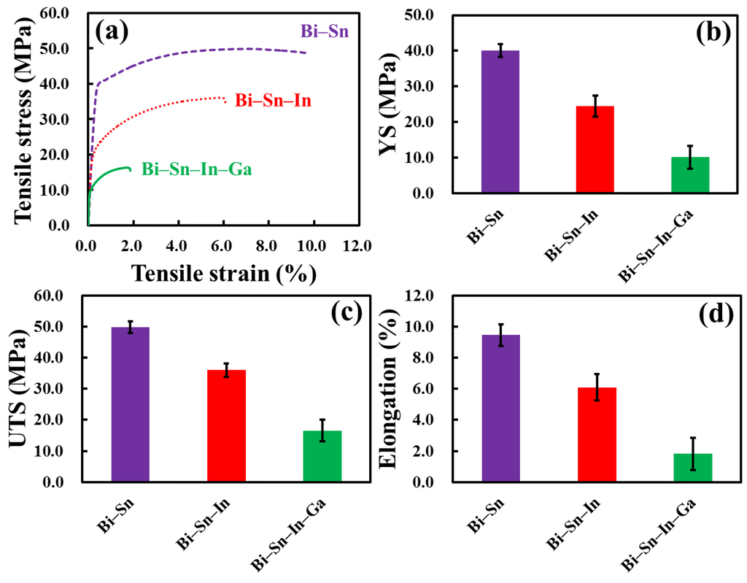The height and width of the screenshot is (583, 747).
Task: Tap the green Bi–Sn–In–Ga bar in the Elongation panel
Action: (692, 468)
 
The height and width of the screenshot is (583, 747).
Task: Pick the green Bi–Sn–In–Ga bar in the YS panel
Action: (689, 175)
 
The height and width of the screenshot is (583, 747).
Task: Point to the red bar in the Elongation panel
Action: (597, 435)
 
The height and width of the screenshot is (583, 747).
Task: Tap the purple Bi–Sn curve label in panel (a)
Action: (326, 31)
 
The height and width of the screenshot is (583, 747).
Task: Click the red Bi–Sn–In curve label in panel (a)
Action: (273, 101)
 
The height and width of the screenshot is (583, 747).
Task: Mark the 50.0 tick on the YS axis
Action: (427, 15)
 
